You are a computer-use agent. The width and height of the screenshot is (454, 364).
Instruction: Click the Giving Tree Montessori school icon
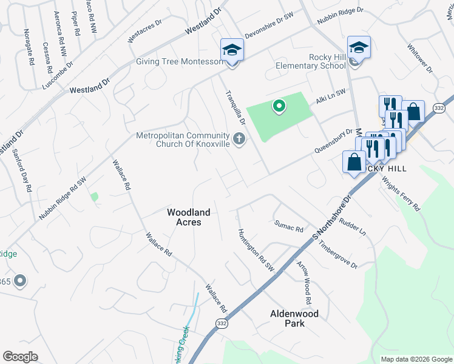231,50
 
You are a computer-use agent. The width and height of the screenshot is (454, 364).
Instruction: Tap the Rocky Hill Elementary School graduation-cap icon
359,47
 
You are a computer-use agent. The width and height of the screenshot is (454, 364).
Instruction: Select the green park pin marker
279,107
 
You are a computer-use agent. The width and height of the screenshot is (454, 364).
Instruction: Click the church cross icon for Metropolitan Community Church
240,140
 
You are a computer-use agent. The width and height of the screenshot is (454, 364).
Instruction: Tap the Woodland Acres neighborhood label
189,217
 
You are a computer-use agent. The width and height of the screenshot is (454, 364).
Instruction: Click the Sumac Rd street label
288,227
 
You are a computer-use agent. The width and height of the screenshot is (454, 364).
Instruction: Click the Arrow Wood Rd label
303,283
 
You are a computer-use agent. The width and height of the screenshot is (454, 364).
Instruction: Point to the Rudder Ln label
353,227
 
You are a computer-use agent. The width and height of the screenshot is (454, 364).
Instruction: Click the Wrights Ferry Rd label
401,192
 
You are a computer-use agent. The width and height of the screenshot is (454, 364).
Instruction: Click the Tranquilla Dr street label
235,107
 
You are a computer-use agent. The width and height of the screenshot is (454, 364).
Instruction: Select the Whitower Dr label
419,59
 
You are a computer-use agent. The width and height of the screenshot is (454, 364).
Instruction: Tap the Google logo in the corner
20,357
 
